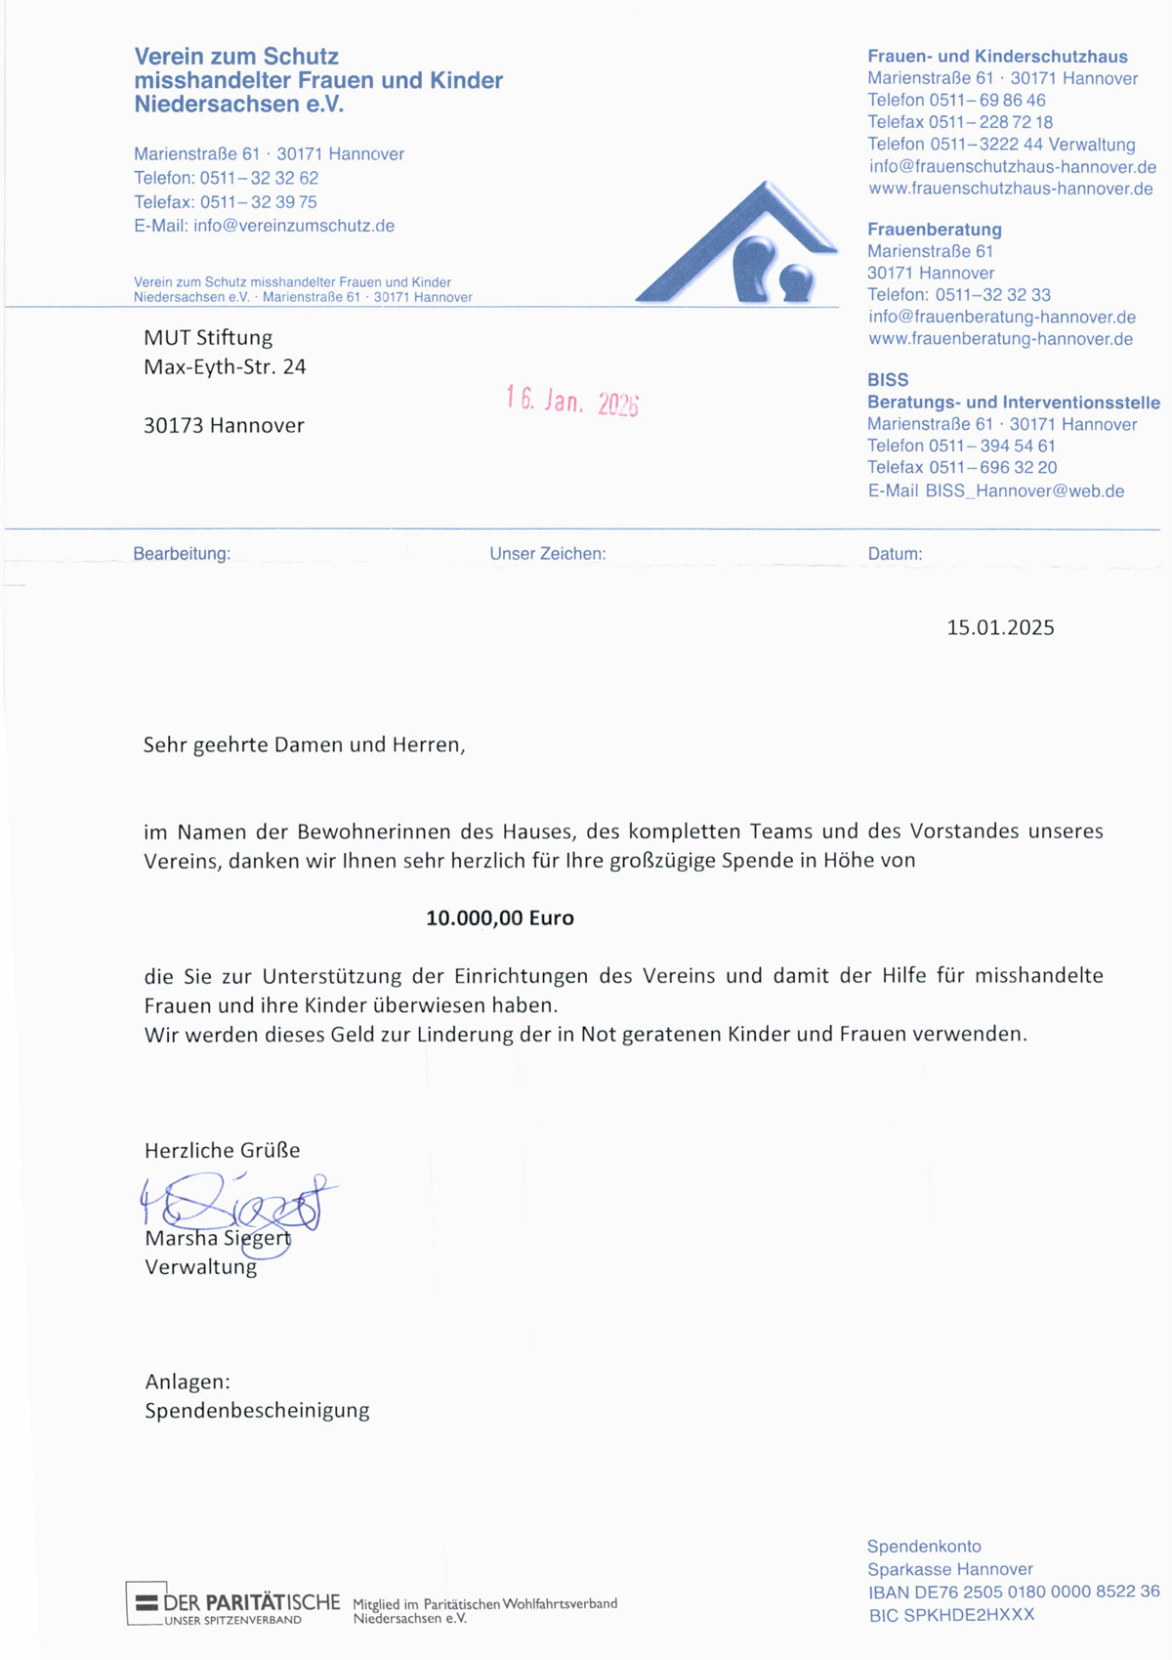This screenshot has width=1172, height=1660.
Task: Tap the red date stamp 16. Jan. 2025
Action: coord(572,401)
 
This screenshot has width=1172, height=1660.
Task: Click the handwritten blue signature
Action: coord(234,1205)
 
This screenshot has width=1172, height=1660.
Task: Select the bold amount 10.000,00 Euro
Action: coord(500,918)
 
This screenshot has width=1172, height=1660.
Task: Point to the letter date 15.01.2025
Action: coord(1000,628)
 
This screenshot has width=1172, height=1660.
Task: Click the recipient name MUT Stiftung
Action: coord(208,338)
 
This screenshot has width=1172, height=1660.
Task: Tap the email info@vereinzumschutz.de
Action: coord(294,226)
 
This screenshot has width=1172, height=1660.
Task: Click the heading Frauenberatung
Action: coord(935,230)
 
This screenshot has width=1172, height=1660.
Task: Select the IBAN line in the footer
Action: coord(1014,1592)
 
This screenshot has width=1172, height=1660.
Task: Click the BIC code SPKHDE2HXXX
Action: coord(951,1615)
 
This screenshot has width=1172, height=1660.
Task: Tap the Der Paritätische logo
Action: coord(234,1604)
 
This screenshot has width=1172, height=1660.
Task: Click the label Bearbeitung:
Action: coord(182,554)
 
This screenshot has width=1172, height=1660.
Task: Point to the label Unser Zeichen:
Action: coord(548,554)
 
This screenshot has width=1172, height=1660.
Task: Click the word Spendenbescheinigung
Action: coord(257,1411)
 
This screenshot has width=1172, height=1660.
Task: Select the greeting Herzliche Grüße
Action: coord(223,1151)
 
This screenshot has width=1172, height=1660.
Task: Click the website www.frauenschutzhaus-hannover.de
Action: coord(1011,189)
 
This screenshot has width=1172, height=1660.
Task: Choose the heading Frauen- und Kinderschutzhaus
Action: coord(997,57)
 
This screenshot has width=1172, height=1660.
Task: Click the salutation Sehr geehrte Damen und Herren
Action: coord(304,745)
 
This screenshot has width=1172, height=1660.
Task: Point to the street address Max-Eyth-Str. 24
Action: coord(225,367)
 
